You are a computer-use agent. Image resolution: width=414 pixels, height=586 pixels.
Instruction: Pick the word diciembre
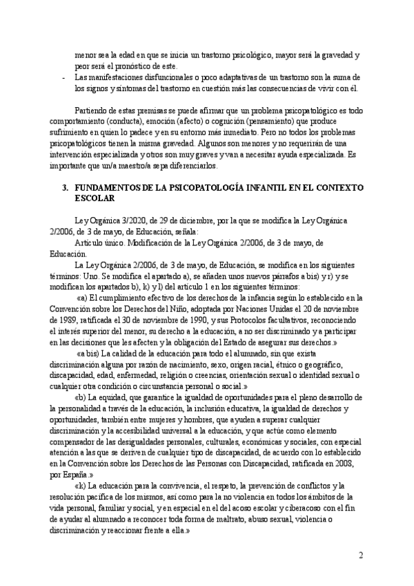[175, 219]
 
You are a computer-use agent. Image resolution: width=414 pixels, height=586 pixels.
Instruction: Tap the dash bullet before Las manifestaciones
[63, 77]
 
